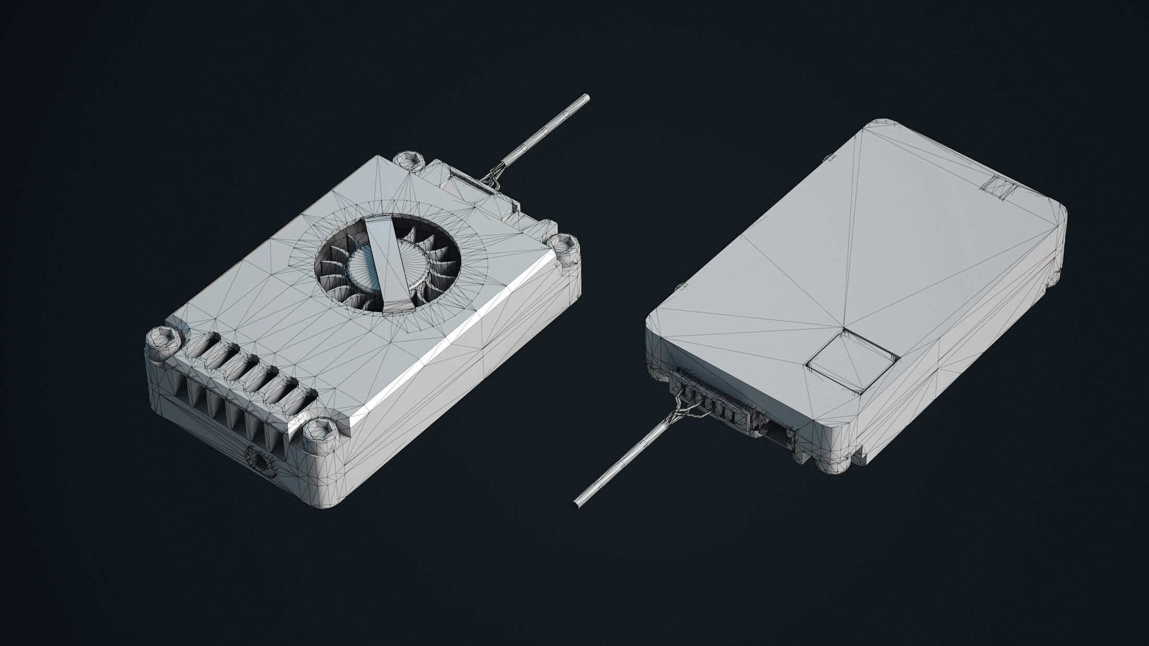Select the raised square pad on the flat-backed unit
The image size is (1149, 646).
point(852,360)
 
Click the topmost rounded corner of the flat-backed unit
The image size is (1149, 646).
point(883,125)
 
